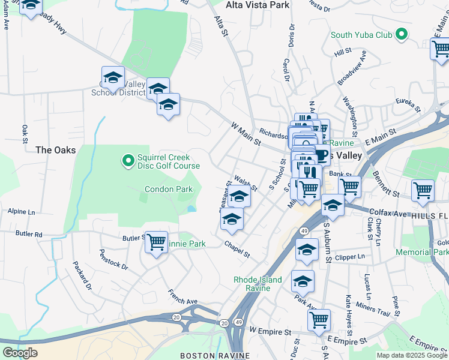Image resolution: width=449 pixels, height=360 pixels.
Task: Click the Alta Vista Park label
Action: click(x=258, y=5)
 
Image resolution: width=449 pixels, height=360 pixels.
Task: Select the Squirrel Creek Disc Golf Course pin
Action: click(x=127, y=160)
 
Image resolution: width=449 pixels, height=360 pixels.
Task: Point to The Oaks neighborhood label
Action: click(x=55, y=149)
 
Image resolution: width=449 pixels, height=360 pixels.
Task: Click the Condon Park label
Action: click(x=169, y=189)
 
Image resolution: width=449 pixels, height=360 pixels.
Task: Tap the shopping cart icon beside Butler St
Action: click(x=157, y=242)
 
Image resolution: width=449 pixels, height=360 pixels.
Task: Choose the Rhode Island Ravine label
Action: click(x=257, y=283)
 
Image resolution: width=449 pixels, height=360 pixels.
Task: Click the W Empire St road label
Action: click(x=270, y=331)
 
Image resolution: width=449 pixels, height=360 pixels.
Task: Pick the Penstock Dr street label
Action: click(x=113, y=259)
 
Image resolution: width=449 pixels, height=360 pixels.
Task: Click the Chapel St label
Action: click(x=237, y=248)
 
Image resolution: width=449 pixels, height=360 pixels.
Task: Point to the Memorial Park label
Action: click(x=421, y=252)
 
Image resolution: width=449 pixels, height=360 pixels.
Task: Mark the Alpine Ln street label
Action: click(x=22, y=212)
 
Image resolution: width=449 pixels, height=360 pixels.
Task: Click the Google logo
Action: click(x=20, y=352)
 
